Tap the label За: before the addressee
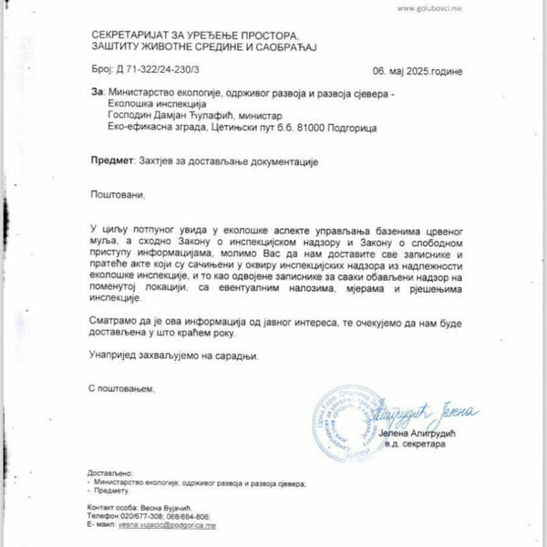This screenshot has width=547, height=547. pos(98,92)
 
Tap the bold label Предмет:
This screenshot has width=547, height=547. pos(114,160)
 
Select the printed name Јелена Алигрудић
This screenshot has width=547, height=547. pos(427,433)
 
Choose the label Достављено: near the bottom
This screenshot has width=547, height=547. pos(110,473)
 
